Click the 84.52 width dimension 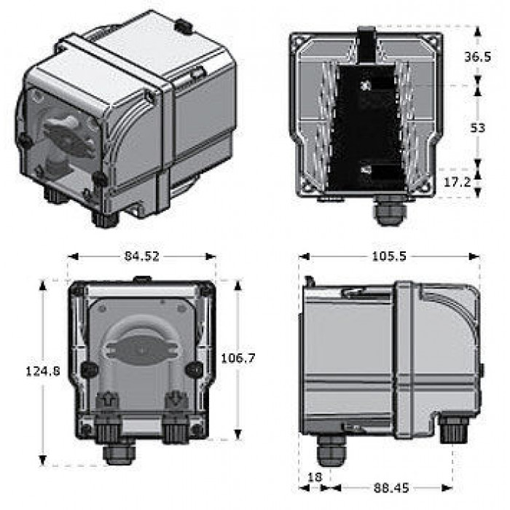pyautogui.click(x=142, y=256)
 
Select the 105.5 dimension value pyautogui.click(x=389, y=256)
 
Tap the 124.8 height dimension pyautogui.click(x=42, y=371)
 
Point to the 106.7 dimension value pyautogui.click(x=238, y=358)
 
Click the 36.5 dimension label pyautogui.click(x=477, y=57)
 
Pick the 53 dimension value pyautogui.click(x=477, y=127)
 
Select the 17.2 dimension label pyautogui.click(x=458, y=182)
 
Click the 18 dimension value pyautogui.click(x=315, y=476)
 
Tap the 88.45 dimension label pyautogui.click(x=391, y=488)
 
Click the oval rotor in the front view pyautogui.click(x=141, y=350)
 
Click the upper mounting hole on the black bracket pyautogui.click(x=366, y=85)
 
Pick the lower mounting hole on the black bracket pyautogui.click(x=366, y=170)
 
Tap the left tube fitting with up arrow pyautogui.click(x=107, y=401)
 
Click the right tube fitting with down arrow pyautogui.click(x=176, y=401)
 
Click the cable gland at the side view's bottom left pyautogui.click(x=331, y=450)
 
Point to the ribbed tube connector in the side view pyautogui.click(x=453, y=429)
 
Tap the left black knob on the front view pyautogui.click(x=89, y=370)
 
